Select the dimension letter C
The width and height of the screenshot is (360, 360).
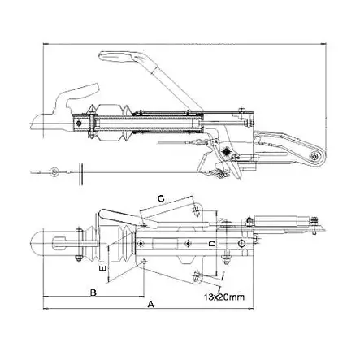pos(161,197)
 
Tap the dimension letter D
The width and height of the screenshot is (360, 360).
pos(211,243)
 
